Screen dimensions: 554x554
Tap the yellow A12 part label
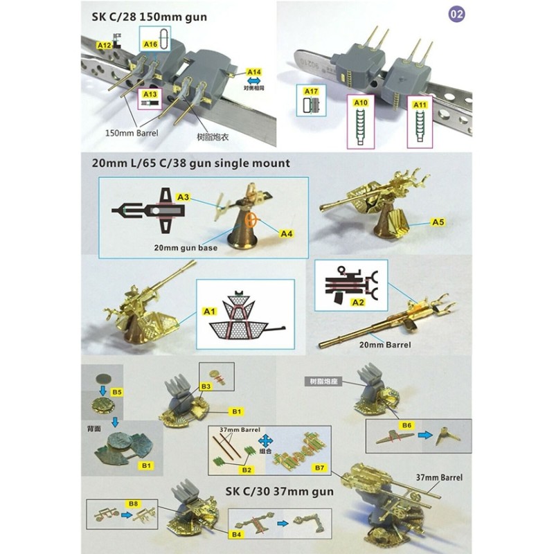105,45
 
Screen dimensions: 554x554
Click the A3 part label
183,197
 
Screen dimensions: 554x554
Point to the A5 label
438,223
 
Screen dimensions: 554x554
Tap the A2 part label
339,302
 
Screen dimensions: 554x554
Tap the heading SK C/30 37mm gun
280,492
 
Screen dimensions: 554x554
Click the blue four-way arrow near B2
265,440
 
